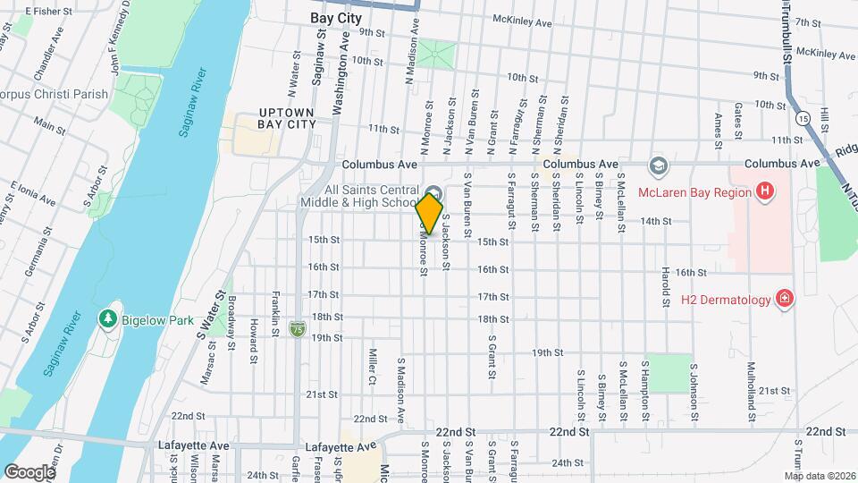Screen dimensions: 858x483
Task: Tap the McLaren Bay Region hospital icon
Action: point(764,191)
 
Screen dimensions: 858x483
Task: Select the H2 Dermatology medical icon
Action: point(785,299)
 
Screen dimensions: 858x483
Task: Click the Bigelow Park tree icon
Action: point(107,318)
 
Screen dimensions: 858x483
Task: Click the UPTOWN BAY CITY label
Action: point(287,118)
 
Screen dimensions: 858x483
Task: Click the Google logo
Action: point(29,471)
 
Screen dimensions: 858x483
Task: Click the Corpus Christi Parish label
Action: point(54,94)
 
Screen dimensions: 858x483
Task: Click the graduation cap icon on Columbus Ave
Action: point(658,166)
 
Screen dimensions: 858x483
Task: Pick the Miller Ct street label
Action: point(372,367)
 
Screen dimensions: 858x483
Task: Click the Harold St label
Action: point(666,287)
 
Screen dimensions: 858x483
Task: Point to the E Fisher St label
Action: point(47,12)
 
